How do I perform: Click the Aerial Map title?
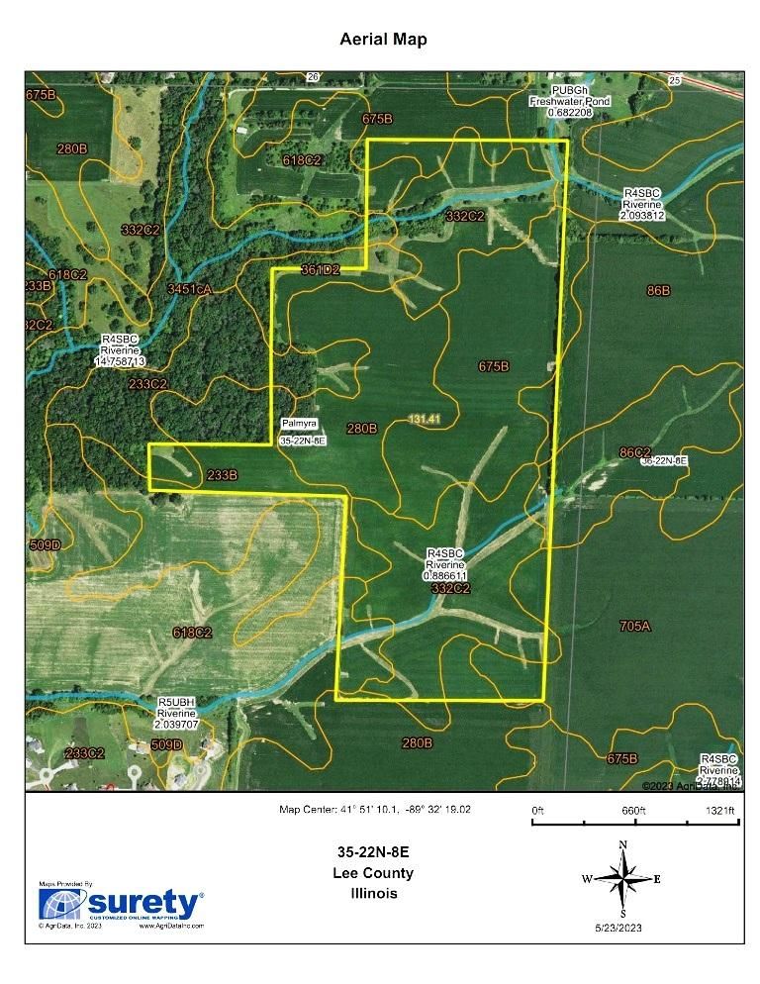click(x=383, y=40)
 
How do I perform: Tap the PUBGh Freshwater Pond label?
click(x=569, y=101)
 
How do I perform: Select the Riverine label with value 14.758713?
click(x=120, y=350)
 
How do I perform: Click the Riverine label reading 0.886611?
click(x=445, y=563)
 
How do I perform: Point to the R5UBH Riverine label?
click(x=179, y=712)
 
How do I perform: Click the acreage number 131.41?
click(x=424, y=420)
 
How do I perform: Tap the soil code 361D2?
click(x=321, y=269)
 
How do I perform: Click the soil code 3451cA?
click(x=190, y=289)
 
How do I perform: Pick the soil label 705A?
click(x=635, y=626)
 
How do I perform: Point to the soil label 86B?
click(x=658, y=291)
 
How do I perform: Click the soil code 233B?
click(x=222, y=475)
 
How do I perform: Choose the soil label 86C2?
click(x=634, y=451)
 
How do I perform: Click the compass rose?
click(x=621, y=878)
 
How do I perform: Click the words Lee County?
click(x=374, y=873)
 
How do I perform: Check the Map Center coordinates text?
click(x=375, y=809)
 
